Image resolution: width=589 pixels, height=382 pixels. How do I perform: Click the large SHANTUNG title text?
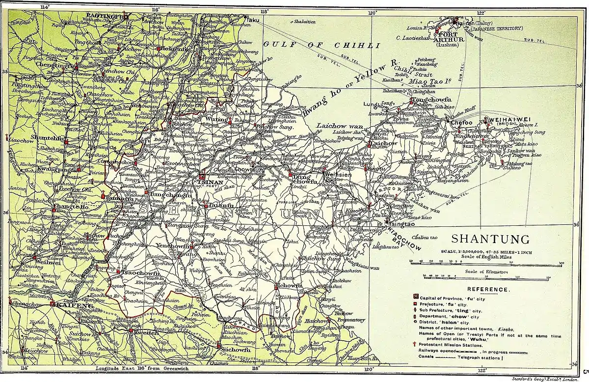tap(490, 240)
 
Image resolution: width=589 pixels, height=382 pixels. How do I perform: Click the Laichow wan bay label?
tap(337, 125)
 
